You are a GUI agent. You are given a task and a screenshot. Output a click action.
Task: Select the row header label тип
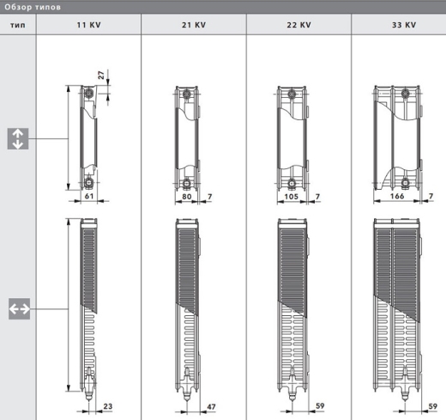click(x=17, y=26)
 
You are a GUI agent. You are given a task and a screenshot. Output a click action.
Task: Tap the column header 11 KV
click(x=88, y=26)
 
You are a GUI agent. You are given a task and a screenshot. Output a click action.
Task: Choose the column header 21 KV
click(x=193, y=26)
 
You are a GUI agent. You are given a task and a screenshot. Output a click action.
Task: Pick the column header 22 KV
click(x=298, y=26)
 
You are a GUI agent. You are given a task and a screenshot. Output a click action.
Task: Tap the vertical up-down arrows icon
click(x=18, y=138)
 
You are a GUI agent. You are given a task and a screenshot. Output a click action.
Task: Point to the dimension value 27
click(x=100, y=77)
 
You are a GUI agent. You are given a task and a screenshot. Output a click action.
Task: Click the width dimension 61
click(x=88, y=198)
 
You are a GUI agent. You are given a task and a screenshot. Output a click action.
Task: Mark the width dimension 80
click(x=187, y=198)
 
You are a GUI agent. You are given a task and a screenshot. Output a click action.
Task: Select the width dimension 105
click(x=292, y=198)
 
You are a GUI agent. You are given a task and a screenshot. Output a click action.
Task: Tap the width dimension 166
click(x=396, y=198)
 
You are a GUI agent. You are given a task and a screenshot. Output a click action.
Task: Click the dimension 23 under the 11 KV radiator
click(x=107, y=405)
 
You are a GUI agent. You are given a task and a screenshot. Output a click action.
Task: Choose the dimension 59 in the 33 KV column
click(x=429, y=405)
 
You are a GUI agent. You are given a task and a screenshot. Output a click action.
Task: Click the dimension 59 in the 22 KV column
click(x=319, y=405)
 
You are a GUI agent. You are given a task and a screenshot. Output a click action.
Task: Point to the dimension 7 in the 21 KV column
click(x=211, y=198)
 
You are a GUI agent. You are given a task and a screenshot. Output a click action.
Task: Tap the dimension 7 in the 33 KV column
click(x=430, y=198)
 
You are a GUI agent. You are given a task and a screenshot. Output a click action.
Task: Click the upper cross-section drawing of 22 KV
click(x=292, y=137)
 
